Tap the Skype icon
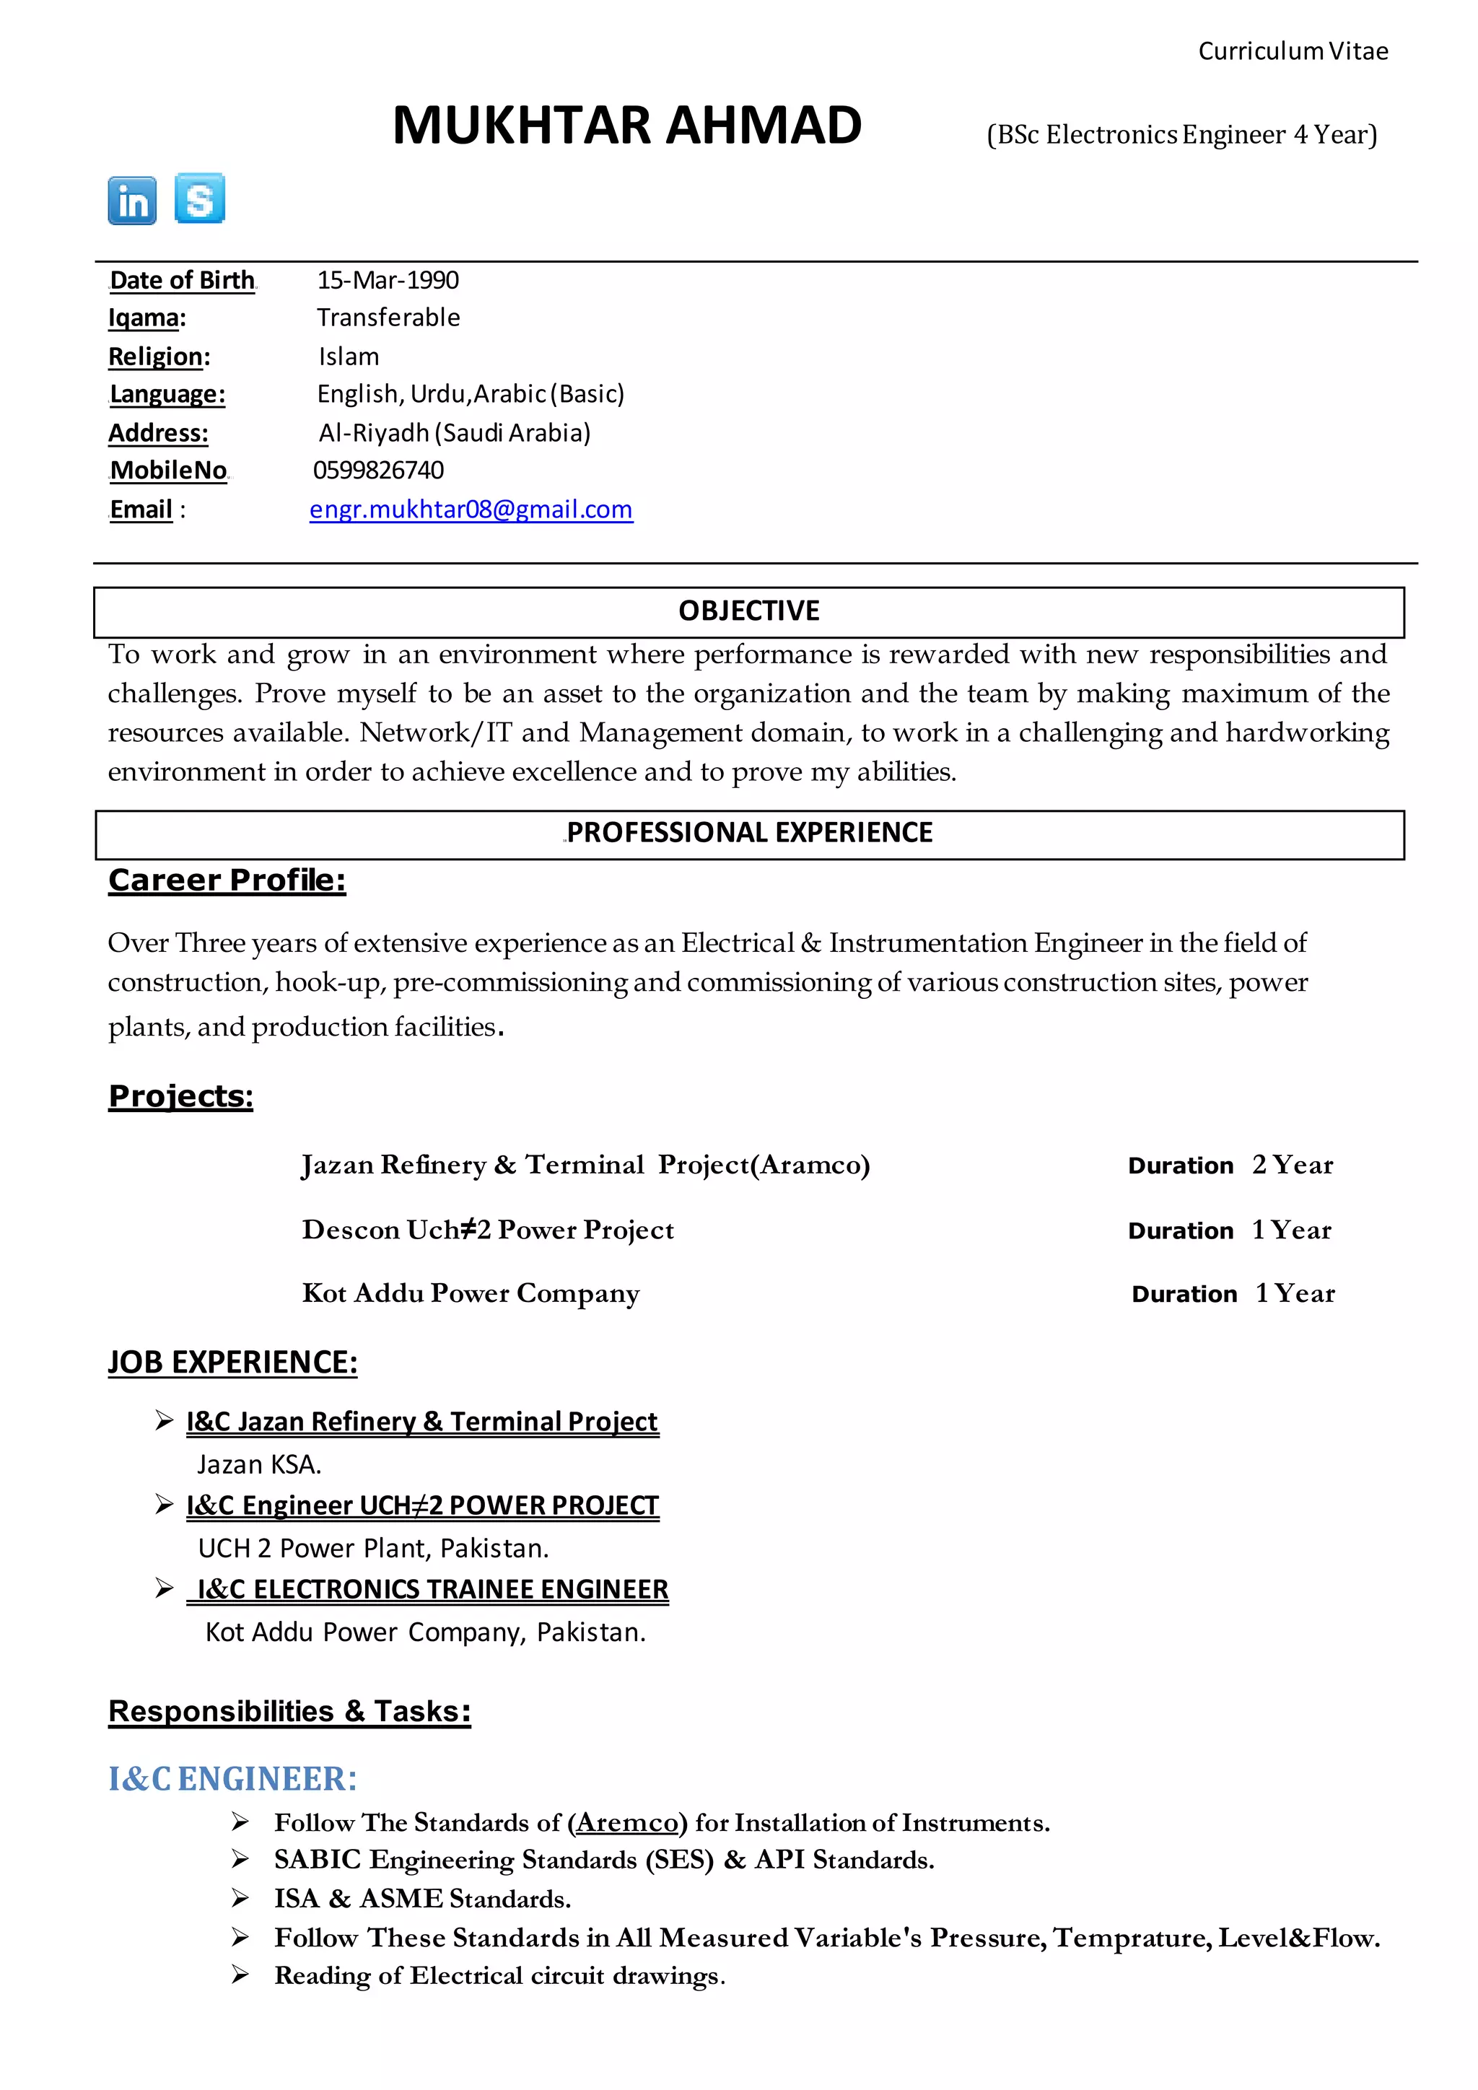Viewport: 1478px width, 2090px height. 200,198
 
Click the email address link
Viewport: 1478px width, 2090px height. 471,509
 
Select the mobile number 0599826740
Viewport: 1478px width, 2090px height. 379,470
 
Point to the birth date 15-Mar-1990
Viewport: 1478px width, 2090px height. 388,279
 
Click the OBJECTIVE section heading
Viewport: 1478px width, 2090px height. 748,611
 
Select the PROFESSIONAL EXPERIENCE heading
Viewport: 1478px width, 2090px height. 749,832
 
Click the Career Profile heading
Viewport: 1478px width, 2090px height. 227,880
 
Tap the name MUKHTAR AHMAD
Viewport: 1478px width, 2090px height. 627,126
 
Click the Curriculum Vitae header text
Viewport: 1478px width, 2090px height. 1293,51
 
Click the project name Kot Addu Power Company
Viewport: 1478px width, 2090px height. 471,1293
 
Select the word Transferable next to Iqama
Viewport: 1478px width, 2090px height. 388,318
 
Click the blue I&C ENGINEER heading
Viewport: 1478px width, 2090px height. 233,1779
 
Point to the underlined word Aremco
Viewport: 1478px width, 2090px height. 627,1822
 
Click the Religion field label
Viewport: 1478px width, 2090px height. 158,356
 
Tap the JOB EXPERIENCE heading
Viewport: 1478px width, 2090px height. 233,1362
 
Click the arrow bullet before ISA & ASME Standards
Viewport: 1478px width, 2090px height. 240,1898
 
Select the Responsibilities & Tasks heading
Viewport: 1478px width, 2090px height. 289,1711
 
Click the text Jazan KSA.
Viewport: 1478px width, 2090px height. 259,1464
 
